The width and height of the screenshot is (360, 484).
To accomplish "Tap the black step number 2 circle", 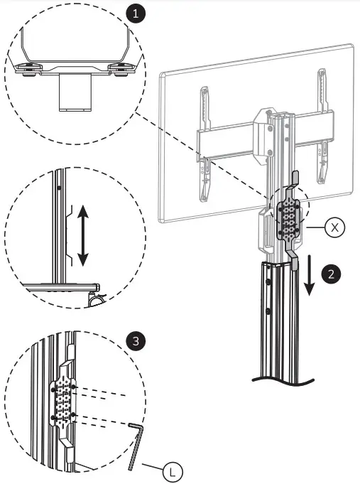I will tap(331, 272).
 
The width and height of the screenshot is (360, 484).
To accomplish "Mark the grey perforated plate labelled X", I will tap(288, 217).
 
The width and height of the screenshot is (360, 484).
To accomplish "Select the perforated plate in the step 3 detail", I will tap(62, 402).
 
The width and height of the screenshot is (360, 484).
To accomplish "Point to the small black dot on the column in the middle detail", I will tap(60, 187).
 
